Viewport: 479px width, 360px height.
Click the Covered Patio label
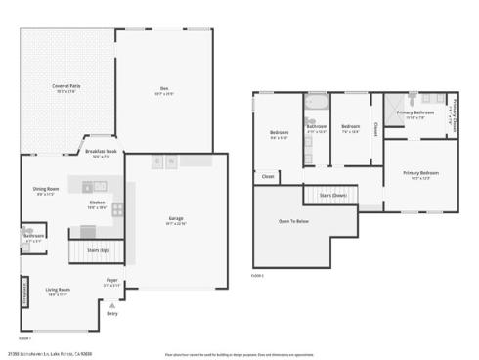click(66, 87)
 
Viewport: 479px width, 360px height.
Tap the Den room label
click(164, 91)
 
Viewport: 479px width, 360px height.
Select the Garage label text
click(177, 220)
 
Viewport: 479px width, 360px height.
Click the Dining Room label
click(46, 190)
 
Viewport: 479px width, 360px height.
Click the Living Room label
click(58, 291)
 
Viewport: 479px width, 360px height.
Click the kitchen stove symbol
click(118, 208)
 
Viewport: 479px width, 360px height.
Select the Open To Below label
click(293, 222)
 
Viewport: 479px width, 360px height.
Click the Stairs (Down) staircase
click(331, 196)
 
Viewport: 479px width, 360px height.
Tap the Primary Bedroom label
click(419, 175)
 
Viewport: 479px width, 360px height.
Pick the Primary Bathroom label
click(415, 113)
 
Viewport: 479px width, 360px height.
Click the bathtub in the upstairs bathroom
click(317, 103)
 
